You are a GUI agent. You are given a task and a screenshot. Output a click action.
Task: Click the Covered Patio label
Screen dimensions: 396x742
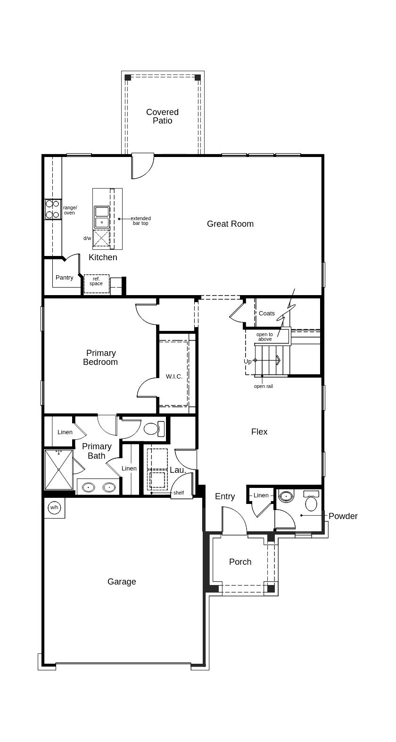coord(162,116)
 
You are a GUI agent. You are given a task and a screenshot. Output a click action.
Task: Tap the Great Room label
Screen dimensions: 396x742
coord(231,224)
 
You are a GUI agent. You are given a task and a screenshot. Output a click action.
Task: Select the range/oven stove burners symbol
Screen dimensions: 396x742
coord(52,209)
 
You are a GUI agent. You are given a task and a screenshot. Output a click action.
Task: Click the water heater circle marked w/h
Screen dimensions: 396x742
coord(54,508)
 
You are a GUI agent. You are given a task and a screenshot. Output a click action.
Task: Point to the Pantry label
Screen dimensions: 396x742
coord(64,278)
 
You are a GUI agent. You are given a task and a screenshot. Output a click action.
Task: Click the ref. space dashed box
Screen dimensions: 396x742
coord(97,283)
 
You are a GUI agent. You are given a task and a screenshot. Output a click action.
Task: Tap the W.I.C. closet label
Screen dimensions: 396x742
coord(174,376)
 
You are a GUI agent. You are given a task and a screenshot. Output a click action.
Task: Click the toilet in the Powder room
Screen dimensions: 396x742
coord(311,501)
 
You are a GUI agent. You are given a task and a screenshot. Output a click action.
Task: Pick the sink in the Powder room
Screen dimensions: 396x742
coord(287,496)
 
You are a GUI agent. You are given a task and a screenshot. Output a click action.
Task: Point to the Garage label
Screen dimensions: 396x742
coord(122,582)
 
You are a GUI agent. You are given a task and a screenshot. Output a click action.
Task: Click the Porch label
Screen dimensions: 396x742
coord(240,562)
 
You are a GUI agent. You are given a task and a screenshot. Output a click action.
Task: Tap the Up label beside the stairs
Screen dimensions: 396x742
coord(247,362)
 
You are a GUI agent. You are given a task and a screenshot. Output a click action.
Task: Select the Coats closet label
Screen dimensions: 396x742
coord(267,313)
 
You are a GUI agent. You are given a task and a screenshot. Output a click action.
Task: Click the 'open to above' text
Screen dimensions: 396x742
coord(265,337)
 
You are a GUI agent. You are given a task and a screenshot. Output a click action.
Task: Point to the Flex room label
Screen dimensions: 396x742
coord(259,432)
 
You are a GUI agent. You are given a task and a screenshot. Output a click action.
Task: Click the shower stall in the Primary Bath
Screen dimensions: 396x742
coord(58,470)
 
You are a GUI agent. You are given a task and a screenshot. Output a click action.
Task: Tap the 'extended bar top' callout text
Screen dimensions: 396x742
coord(140,221)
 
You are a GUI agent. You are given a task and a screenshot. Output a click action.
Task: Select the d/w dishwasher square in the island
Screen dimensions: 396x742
coord(101,238)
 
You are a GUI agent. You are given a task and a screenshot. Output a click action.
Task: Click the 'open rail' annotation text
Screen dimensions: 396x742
coord(264,386)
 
